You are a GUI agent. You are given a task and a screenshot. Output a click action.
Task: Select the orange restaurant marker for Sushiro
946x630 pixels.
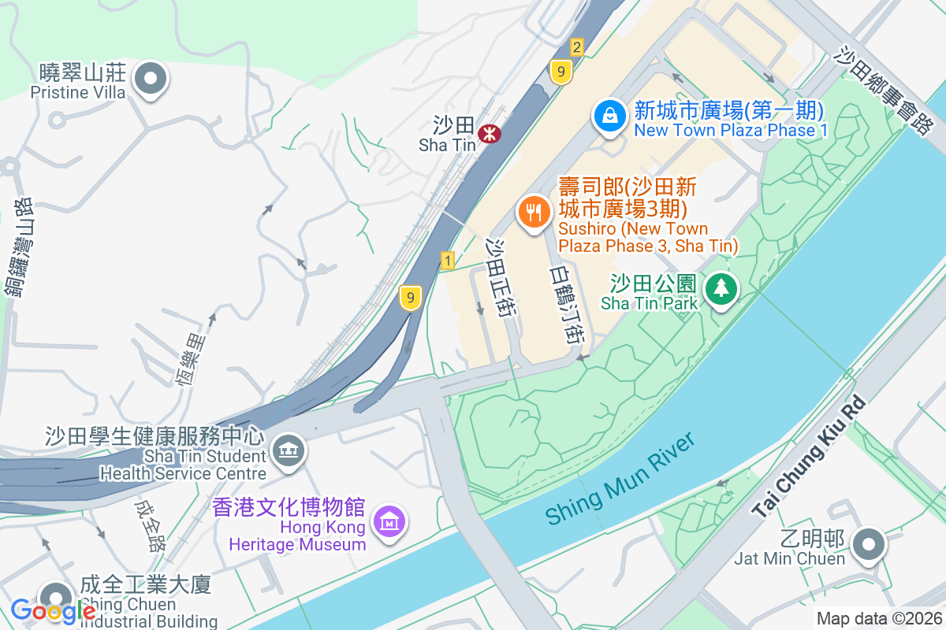pos(534,212)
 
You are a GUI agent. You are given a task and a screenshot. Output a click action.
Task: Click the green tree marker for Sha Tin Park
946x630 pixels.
pos(721,287)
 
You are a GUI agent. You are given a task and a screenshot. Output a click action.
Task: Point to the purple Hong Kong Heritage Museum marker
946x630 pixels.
pos(390,521)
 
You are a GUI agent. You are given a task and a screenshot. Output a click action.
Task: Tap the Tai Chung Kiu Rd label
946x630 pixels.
pos(809,456)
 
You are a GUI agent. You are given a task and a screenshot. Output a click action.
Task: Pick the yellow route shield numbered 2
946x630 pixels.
pos(577,47)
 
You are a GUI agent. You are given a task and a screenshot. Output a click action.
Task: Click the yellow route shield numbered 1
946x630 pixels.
pos(448,261)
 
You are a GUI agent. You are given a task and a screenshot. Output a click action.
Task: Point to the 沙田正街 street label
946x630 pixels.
pos(501,278)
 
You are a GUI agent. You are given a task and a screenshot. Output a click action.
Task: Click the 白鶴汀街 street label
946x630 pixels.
pos(567,304)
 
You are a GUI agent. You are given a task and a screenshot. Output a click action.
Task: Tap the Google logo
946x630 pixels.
pos(53,610)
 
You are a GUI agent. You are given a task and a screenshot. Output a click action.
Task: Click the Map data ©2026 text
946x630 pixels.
pos(878,619)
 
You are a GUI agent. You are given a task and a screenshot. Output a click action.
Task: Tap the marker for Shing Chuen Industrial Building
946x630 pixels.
pos(55,597)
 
